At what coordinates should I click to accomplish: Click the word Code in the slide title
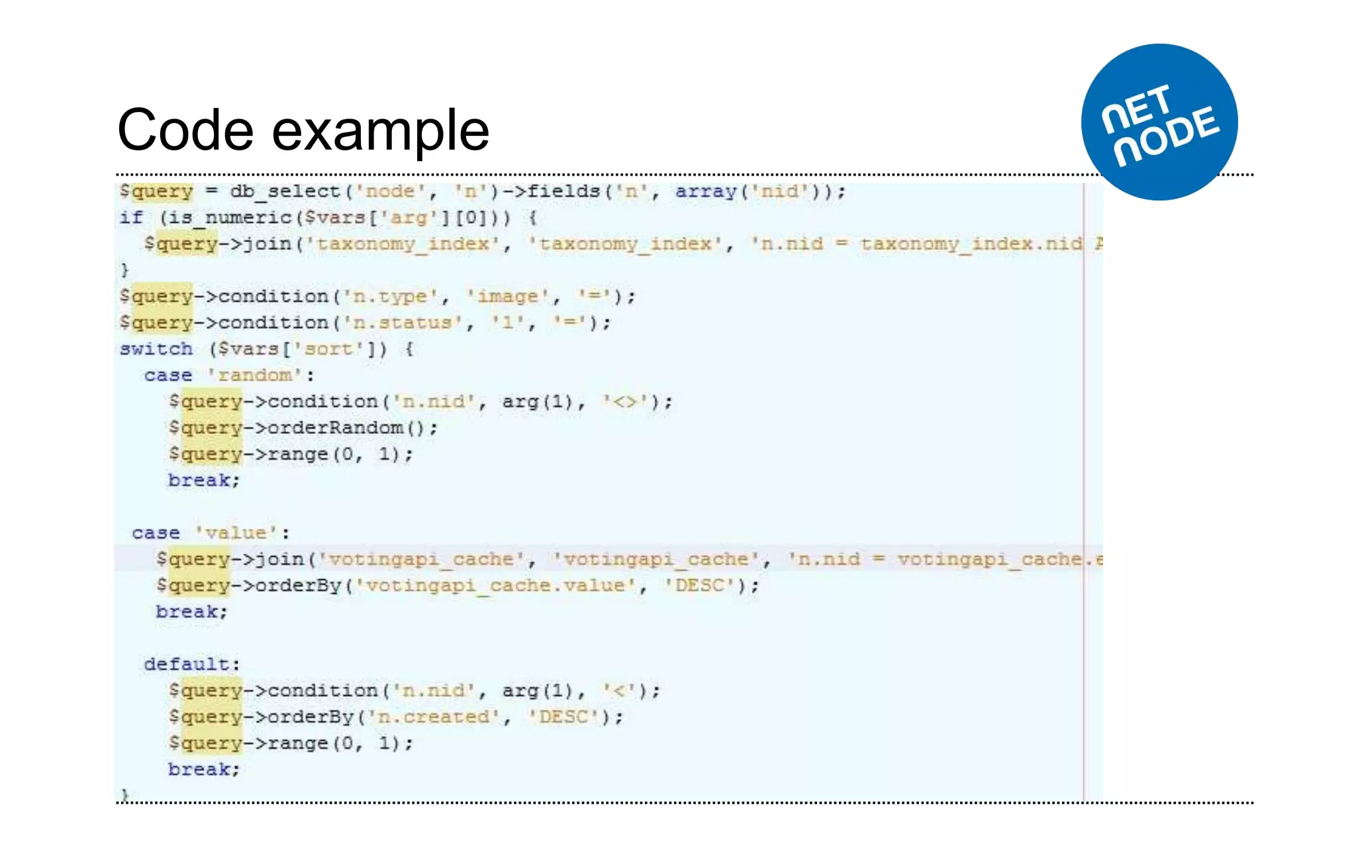185,131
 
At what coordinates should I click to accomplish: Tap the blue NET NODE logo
1159,123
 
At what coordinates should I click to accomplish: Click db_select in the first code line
285,191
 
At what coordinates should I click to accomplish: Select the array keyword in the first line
706,191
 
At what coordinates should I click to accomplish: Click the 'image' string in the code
508,297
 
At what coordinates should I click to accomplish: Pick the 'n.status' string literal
403,323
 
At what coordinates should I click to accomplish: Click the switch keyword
156,349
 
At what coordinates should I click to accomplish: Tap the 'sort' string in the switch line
328,349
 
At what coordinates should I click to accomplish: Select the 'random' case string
255,376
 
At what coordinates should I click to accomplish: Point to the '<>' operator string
626,402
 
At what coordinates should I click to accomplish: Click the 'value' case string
236,533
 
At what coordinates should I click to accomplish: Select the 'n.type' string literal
390,297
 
